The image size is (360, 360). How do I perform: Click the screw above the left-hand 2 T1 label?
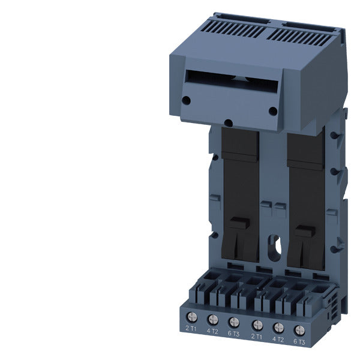click(192, 317)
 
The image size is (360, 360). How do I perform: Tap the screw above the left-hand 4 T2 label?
click(213, 319)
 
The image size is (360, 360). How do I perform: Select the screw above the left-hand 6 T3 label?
click(234, 322)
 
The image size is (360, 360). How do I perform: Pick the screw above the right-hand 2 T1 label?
click(257, 325)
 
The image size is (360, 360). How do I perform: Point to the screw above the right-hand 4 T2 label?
click(278, 328)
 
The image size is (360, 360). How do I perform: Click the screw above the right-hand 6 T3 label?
click(299, 331)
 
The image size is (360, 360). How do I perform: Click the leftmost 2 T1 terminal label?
click(191, 329)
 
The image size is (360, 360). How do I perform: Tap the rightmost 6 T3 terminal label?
click(299, 342)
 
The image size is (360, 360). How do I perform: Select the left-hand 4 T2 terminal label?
click(212, 331)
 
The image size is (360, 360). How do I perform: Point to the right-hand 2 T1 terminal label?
click(256, 337)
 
